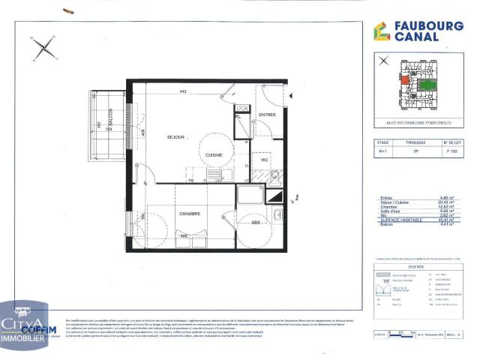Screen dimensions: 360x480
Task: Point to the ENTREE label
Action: [x=267, y=115]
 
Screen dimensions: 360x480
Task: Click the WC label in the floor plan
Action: [x=264, y=159]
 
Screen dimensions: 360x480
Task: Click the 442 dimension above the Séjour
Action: [x=183, y=91]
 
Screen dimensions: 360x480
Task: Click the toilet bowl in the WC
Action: [x=275, y=177]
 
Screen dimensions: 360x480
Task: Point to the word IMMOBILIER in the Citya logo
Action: [x=26, y=339]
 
